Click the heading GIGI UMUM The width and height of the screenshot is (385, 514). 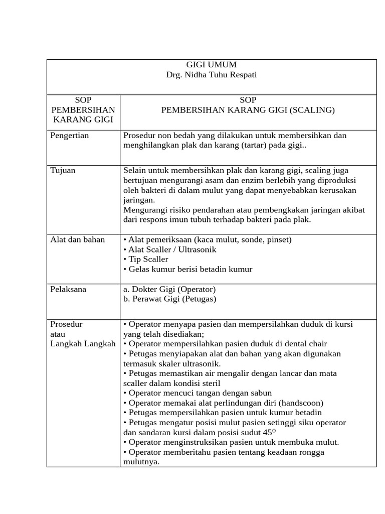point(211,65)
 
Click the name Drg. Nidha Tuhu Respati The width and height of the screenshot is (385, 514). point(211,75)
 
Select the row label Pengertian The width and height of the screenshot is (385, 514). point(70,136)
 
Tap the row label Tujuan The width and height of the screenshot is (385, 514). point(63,170)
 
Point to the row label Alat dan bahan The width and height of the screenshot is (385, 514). point(78,239)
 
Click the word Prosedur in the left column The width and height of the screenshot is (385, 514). point(67,324)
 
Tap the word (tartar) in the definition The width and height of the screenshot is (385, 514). point(255,146)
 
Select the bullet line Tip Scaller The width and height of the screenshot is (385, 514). point(146,259)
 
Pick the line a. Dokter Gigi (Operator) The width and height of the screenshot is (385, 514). point(169,289)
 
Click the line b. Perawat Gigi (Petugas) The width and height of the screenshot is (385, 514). point(169,299)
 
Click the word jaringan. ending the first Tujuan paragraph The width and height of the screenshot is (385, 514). point(139,200)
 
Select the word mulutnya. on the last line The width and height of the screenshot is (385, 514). point(141,462)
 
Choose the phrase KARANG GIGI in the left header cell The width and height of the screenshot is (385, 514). point(83,119)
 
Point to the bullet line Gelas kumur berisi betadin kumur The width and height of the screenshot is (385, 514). point(188,269)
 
